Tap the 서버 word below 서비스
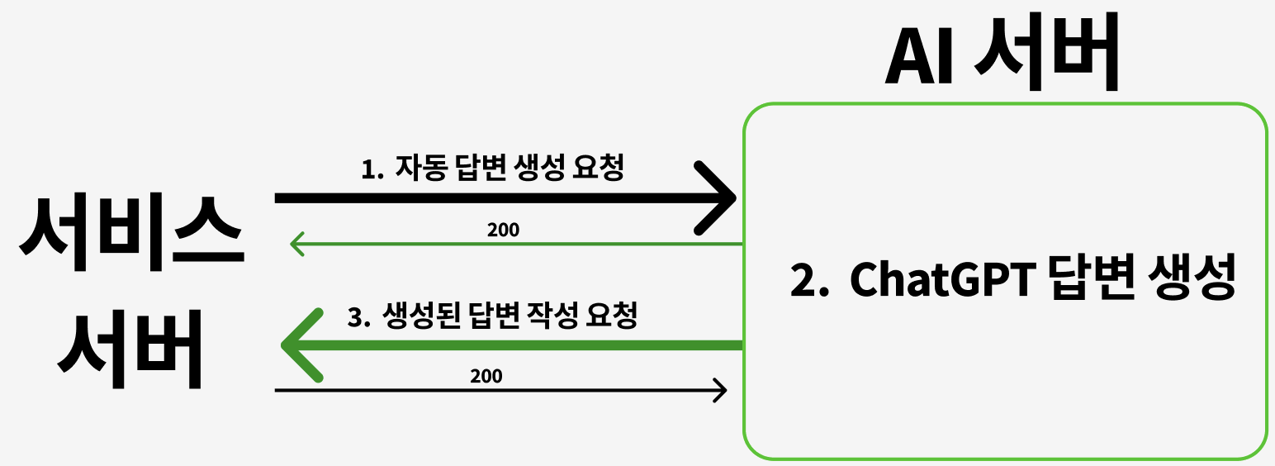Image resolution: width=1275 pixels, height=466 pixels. coord(130,349)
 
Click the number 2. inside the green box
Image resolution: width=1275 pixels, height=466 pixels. coord(809,281)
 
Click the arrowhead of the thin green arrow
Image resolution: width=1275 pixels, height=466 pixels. coord(295,245)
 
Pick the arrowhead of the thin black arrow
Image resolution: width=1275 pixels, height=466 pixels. coord(720,389)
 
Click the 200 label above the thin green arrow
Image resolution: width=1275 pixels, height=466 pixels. coord(503,230)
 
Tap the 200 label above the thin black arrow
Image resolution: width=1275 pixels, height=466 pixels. coord(486,376)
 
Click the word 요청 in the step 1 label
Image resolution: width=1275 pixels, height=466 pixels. coord(598,169)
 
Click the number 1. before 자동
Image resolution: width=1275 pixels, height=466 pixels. coord(373,169)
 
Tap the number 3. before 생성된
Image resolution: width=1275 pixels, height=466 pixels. coord(358,316)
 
